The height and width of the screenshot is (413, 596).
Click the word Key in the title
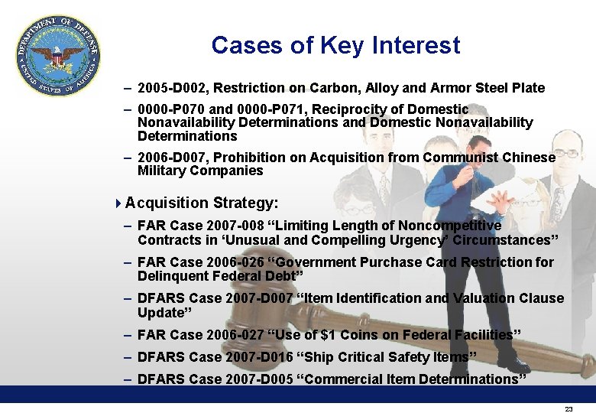tap(342, 46)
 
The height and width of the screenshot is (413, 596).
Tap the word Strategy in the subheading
tap(245, 203)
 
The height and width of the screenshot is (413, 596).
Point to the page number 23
tap(568, 410)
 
